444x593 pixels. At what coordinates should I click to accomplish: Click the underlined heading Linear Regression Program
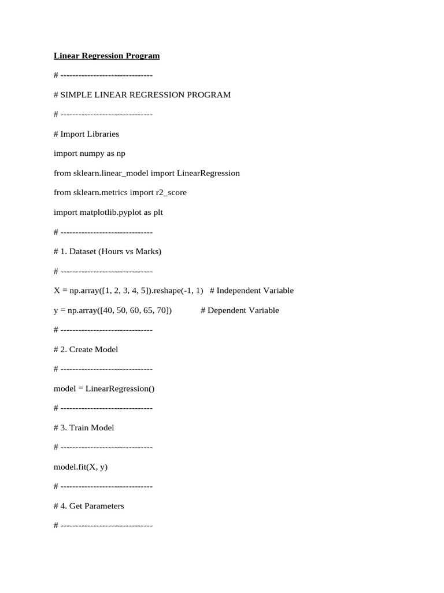click(106, 56)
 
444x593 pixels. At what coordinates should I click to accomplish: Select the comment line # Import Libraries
click(86, 134)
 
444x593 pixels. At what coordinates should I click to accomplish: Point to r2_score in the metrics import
click(171, 192)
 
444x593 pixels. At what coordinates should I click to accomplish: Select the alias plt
click(157, 212)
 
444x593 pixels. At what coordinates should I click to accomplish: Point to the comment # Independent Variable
click(251, 290)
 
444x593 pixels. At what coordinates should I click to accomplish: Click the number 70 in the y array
click(162, 310)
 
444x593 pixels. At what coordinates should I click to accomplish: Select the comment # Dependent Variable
click(240, 310)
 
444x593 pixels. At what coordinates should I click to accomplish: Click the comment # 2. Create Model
click(86, 349)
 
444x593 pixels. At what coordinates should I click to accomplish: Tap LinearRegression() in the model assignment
click(120, 389)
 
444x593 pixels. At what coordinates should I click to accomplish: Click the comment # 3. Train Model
click(84, 427)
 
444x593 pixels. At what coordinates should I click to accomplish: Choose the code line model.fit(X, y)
click(80, 467)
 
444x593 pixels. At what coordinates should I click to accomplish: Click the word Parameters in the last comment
click(105, 506)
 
